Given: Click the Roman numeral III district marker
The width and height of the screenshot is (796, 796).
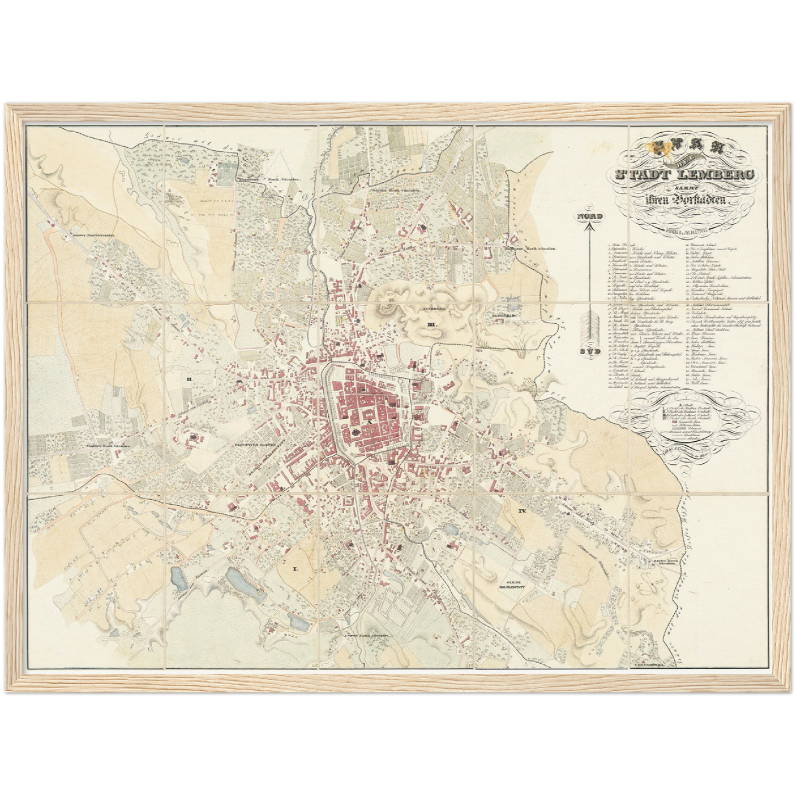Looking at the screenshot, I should coord(431,326).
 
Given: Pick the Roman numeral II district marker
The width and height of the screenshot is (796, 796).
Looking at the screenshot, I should coord(188,379).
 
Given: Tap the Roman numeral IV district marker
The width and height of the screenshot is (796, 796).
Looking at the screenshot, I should coord(522,511).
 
